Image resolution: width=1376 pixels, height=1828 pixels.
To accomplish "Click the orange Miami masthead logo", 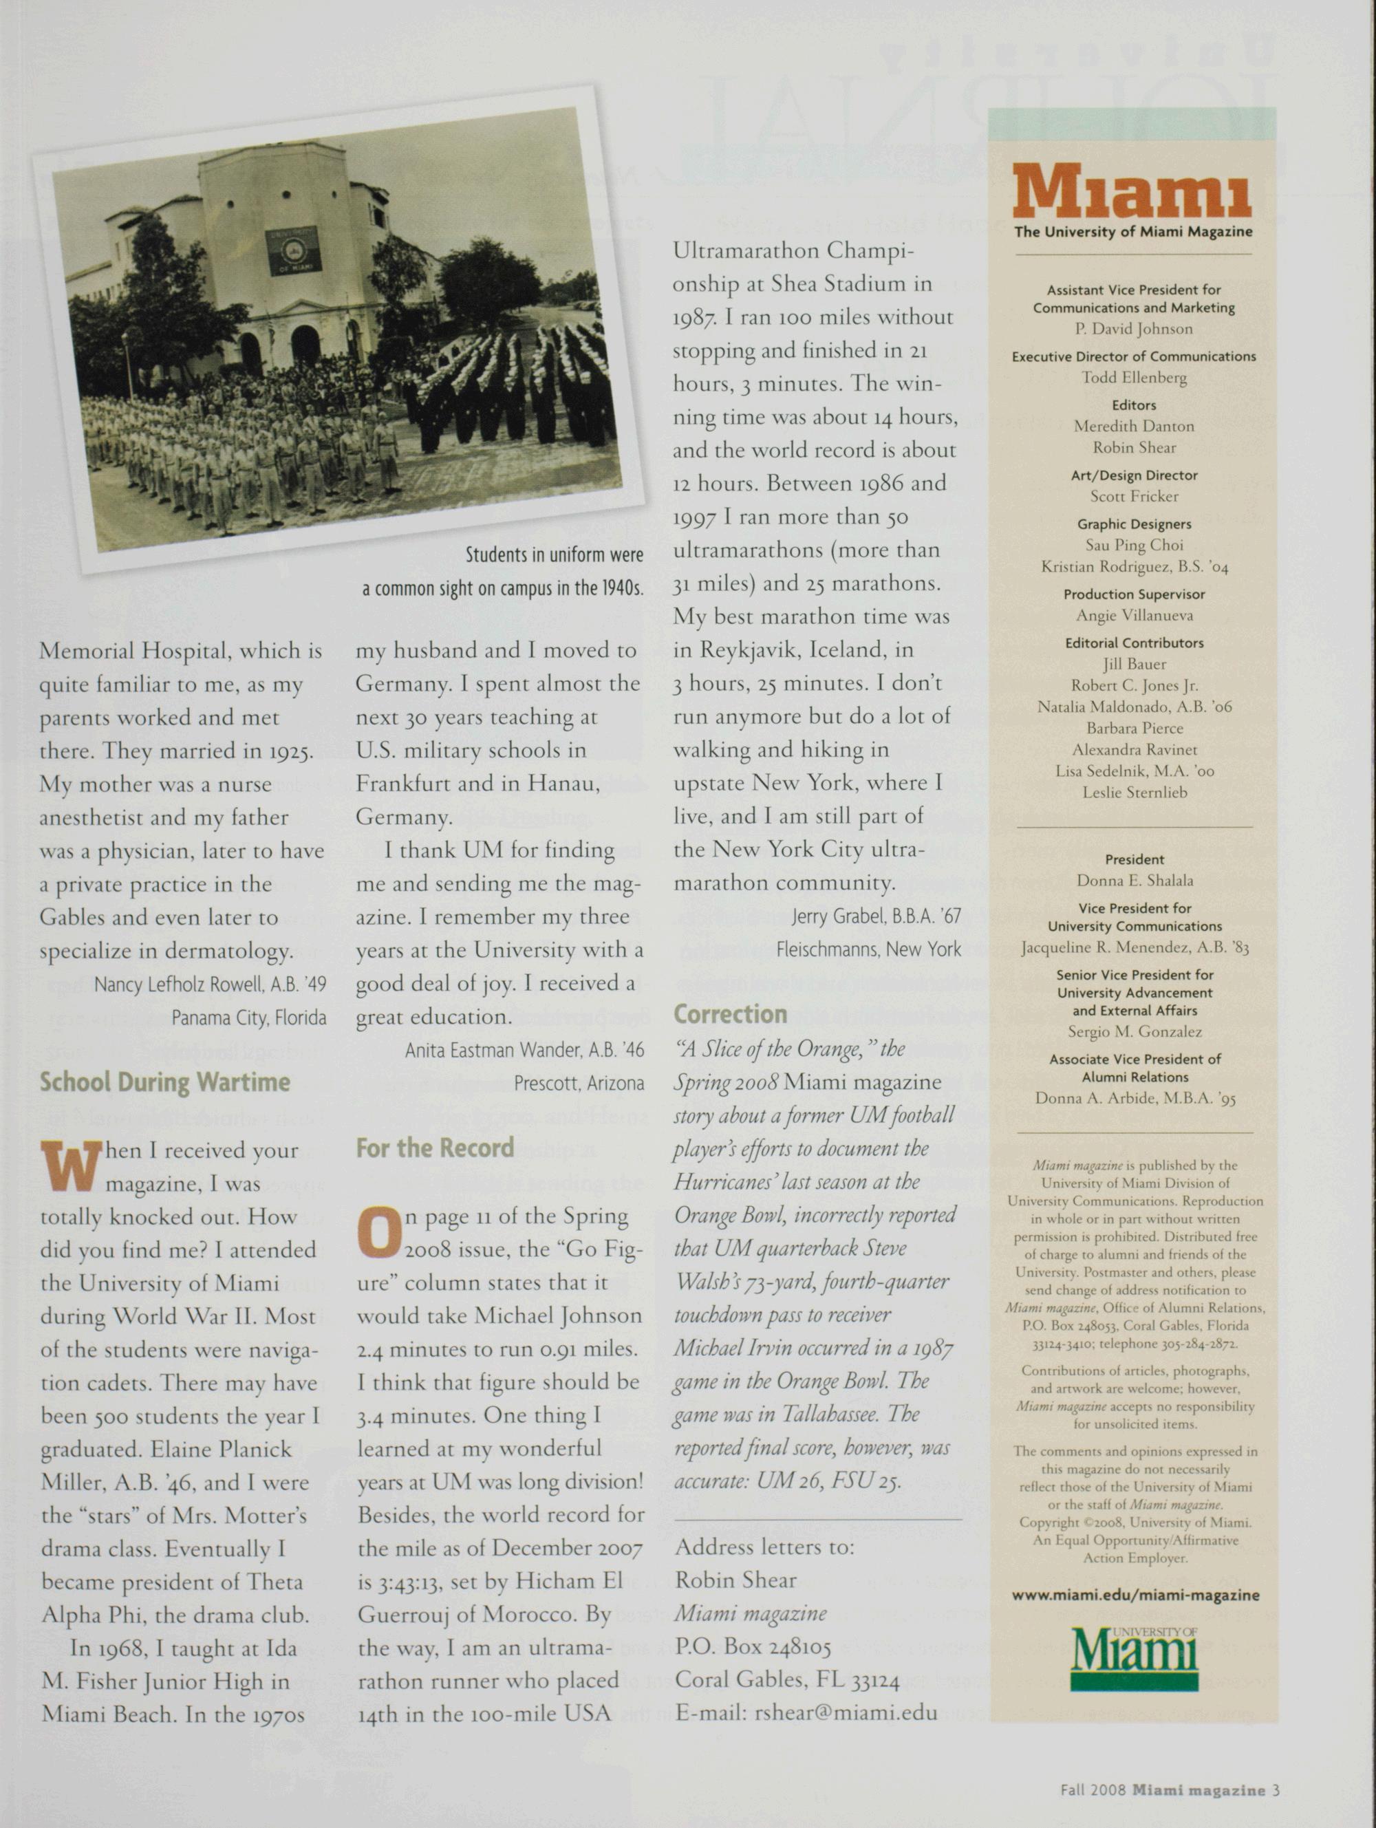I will tap(1132, 192).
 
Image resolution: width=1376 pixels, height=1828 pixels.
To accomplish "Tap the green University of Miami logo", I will tap(1134, 1657).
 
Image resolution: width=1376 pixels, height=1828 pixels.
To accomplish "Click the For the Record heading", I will tap(435, 1148).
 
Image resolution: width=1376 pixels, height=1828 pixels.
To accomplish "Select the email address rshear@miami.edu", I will tap(846, 1713).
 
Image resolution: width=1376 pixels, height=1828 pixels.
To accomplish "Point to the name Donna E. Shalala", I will tap(1134, 880).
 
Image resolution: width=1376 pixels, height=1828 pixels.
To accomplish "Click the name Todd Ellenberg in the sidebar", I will tap(1134, 378).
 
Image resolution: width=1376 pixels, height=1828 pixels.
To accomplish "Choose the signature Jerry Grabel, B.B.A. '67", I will tap(875, 916).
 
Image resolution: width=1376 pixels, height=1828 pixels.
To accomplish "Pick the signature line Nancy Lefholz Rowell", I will tap(210, 985).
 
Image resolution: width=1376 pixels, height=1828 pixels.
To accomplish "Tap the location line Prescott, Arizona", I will tap(578, 1083).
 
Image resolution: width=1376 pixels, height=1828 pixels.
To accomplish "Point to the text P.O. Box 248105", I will tap(752, 1646).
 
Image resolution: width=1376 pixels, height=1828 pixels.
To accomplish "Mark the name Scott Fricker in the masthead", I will tap(1134, 496).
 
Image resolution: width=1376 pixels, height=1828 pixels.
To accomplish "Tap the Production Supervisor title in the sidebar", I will tap(1134, 594).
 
